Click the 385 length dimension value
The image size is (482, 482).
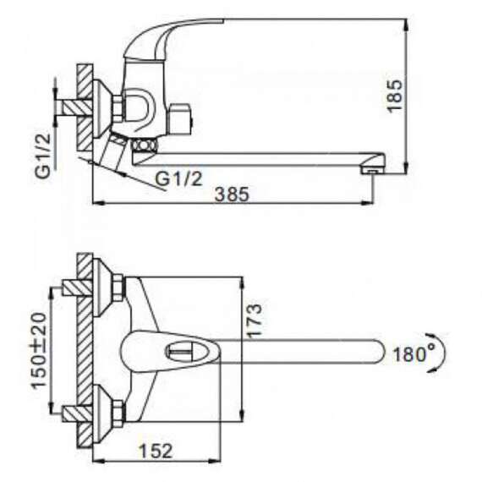point(232,194)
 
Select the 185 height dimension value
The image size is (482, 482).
point(395,96)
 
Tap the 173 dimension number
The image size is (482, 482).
point(255,321)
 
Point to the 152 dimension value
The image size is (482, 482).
point(156,451)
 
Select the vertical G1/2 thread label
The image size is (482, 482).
point(43,156)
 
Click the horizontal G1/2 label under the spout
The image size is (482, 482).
point(179,178)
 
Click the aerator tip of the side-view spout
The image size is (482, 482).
point(373,170)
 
